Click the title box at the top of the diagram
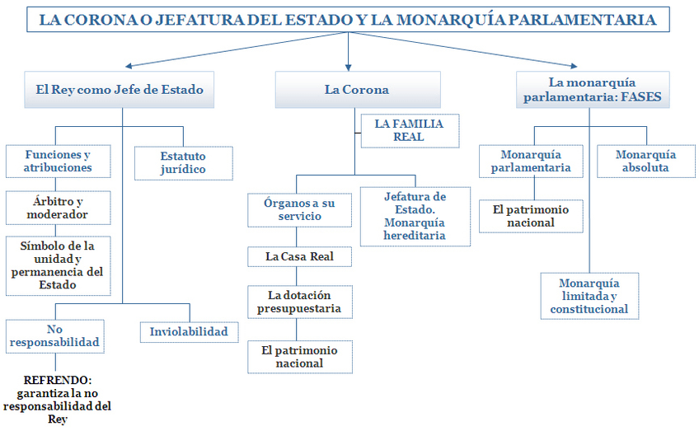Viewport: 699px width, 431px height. pos(349,20)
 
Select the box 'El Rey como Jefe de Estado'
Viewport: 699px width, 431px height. pos(120,90)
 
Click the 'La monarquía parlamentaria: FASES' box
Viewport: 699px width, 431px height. pos(593,90)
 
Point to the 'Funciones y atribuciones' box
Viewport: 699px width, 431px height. pos(58,162)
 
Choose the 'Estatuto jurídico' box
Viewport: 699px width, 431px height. pos(183,162)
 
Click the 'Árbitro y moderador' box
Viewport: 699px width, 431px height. pos(59,208)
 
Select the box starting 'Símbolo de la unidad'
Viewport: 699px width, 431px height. pos(58,265)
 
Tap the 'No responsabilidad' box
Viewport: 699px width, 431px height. pos(56,335)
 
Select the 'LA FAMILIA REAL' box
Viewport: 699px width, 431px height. pos(408,130)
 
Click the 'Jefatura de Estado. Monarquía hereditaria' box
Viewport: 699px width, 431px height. pos(415,217)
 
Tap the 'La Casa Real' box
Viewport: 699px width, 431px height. pos(300,256)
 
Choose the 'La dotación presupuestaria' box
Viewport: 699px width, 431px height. pos(300,302)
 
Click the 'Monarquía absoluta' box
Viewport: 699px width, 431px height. pos(645,162)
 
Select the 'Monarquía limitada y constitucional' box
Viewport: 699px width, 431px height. pos(589,297)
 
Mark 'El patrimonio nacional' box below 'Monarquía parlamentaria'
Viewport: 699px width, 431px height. pos(531,216)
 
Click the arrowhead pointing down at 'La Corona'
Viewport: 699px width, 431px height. pos(349,66)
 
